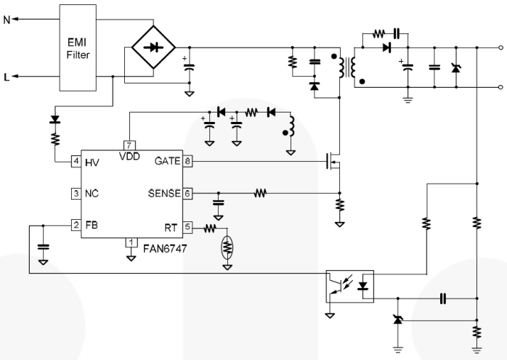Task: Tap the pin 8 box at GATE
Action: [x=188, y=161]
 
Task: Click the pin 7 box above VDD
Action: [x=127, y=144]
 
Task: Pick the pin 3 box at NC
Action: [x=76, y=194]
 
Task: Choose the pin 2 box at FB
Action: [x=76, y=226]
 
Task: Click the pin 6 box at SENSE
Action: [x=188, y=194]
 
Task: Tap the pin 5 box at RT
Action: [x=188, y=226]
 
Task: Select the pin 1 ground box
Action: [x=131, y=241]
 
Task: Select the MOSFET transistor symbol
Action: [x=333, y=162]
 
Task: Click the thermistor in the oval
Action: [x=227, y=247]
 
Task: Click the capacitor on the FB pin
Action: [x=43, y=247]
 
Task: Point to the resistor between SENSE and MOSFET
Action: [x=259, y=194]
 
